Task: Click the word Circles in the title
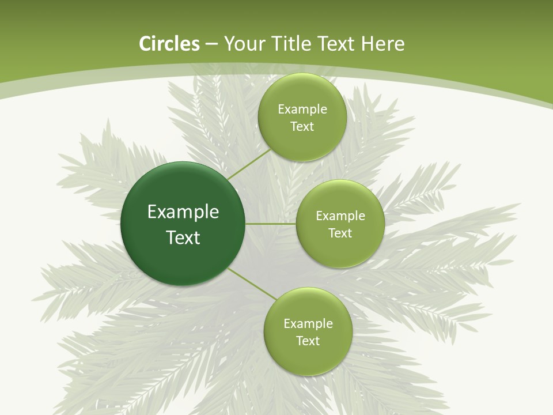[x=169, y=44]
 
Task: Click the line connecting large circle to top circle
[x=249, y=165]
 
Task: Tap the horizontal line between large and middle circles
[x=270, y=224]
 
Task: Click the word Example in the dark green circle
[x=183, y=212]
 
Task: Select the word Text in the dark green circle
[x=183, y=237]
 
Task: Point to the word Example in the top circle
[x=302, y=110]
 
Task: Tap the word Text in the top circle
[x=302, y=127]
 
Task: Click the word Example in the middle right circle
[x=340, y=216]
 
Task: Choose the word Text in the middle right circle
[x=340, y=233]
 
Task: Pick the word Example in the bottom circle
[x=308, y=324]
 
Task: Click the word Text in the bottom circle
[x=308, y=341]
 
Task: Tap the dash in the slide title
[x=211, y=44]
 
